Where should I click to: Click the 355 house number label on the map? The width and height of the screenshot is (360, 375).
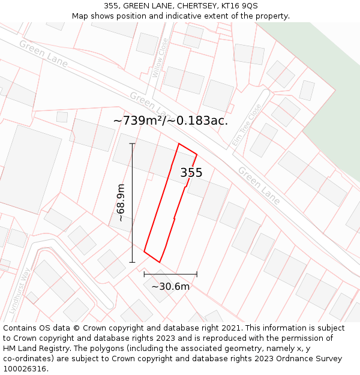(191, 173)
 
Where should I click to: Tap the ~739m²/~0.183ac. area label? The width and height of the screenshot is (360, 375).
(170, 121)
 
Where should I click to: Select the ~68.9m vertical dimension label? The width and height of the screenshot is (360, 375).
(121, 203)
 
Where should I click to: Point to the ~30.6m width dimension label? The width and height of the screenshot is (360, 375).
(170, 287)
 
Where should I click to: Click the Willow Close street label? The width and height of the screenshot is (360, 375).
(160, 58)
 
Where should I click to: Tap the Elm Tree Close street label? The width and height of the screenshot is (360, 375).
(247, 125)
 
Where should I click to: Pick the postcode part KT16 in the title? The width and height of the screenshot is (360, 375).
(230, 5)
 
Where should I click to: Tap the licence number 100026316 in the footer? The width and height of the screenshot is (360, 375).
(25, 369)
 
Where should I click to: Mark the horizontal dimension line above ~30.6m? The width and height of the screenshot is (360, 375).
(170, 274)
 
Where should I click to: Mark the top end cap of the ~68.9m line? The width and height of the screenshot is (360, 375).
(132, 144)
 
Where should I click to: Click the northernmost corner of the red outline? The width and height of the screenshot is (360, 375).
(179, 144)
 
